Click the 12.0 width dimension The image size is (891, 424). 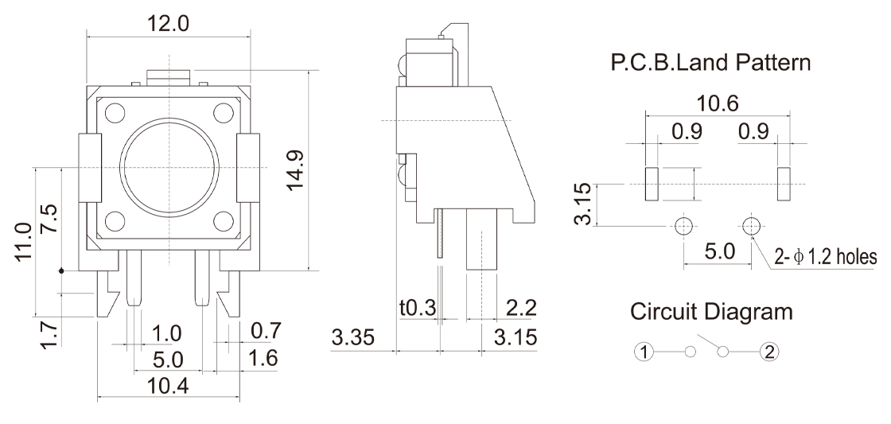168,23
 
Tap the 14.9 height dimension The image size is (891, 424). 296,169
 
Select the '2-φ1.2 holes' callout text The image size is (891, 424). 825,257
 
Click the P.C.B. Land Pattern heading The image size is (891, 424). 712,63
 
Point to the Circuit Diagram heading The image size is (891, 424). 711,312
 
